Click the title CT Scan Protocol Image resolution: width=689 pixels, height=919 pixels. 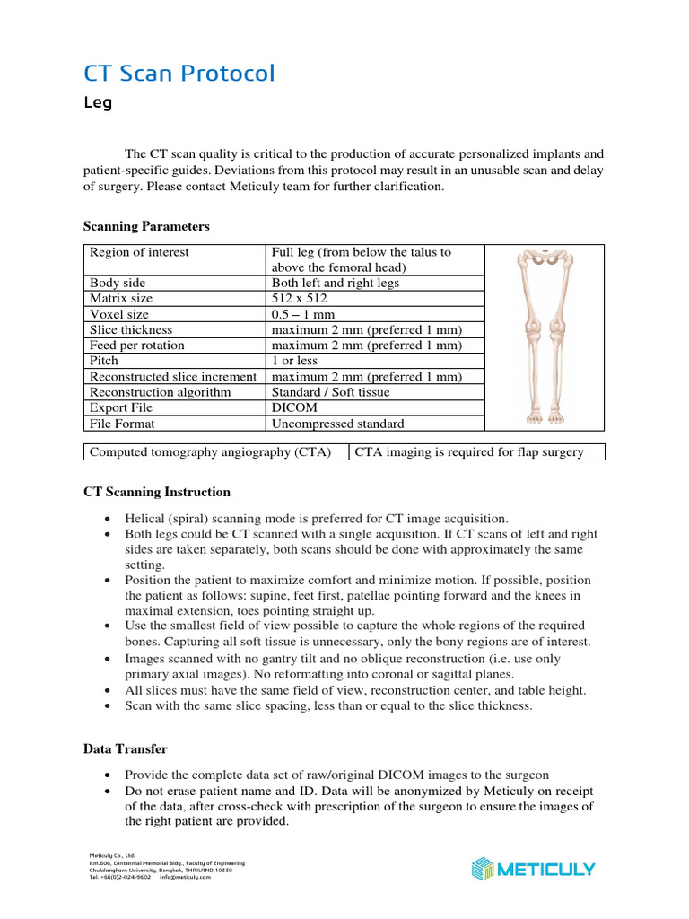tap(179, 73)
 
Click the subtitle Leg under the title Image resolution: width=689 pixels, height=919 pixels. tap(98, 102)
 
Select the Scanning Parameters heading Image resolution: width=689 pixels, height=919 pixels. tap(146, 226)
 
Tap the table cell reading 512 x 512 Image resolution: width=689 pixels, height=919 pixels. tap(300, 298)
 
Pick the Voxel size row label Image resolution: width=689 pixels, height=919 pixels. tap(119, 314)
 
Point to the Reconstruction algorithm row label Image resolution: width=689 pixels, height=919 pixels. tap(160, 392)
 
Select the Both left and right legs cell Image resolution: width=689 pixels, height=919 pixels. tap(336, 283)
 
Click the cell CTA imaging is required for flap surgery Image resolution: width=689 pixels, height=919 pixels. tap(469, 451)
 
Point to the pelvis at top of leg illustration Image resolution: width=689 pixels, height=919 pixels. tap(545, 259)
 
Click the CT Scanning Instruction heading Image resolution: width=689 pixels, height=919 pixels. tap(156, 492)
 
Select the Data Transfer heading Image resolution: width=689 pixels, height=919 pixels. tap(125, 748)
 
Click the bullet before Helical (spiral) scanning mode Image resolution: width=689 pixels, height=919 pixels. tap(108, 520)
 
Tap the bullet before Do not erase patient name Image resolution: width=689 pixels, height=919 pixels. tap(108, 792)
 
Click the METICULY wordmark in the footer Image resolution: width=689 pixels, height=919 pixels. tap(546, 869)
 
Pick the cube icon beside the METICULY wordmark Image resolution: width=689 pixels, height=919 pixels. tap(482, 869)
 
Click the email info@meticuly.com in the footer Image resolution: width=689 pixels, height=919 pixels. tap(186, 877)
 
